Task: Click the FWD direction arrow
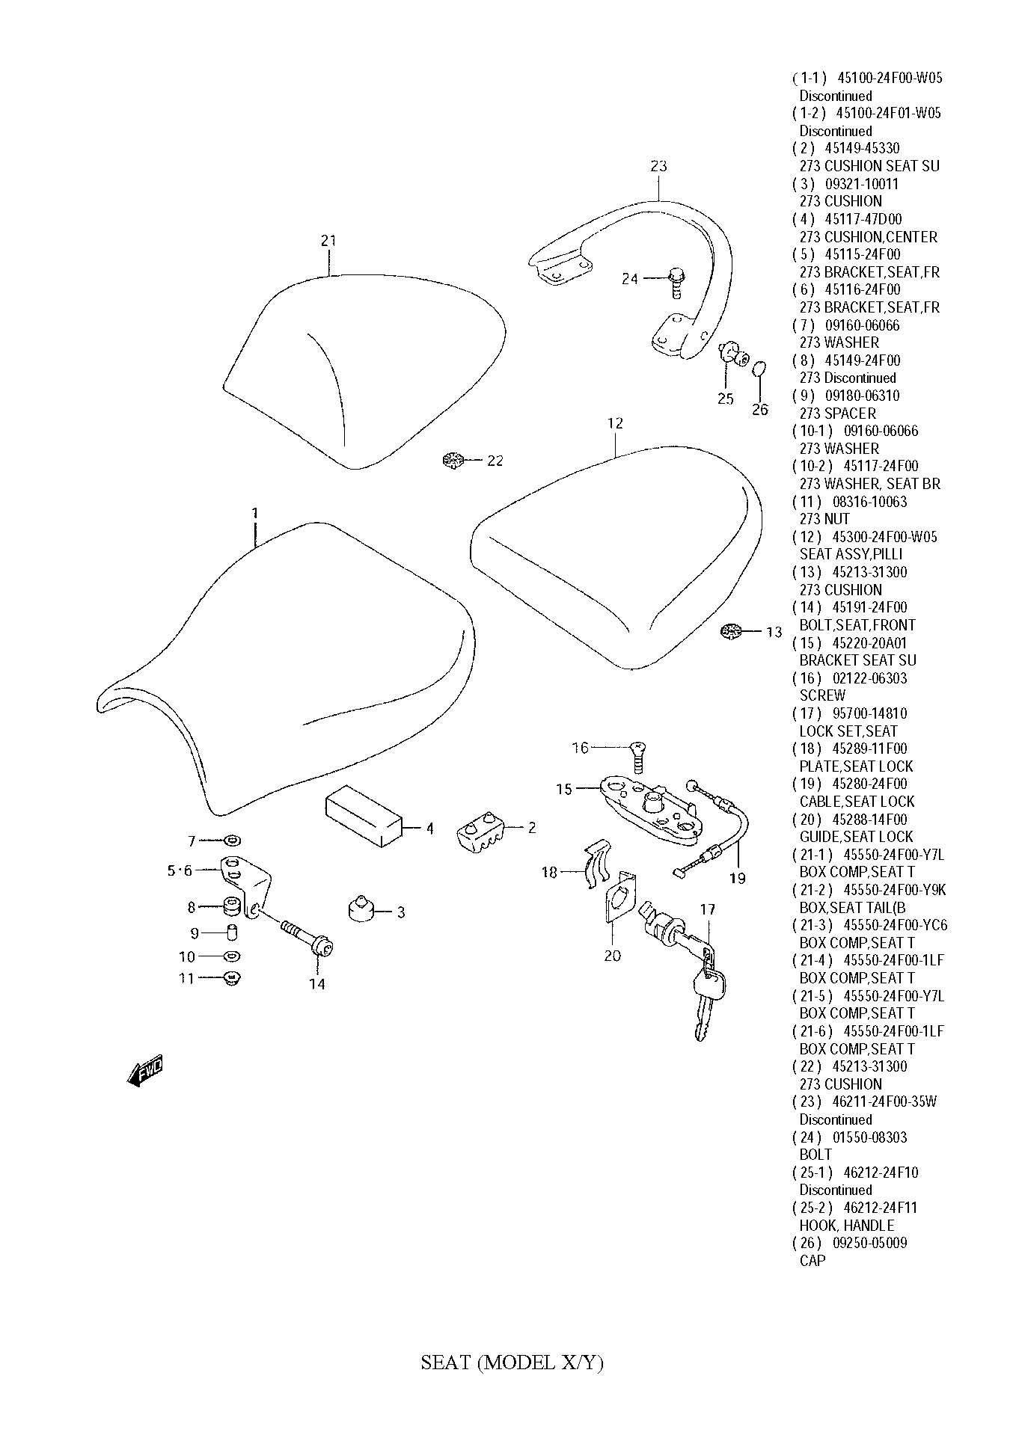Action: pyautogui.click(x=145, y=1071)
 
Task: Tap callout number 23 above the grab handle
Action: pyautogui.click(x=658, y=166)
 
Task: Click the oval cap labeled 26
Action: pyautogui.click(x=759, y=369)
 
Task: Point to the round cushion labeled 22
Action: pyautogui.click(x=453, y=461)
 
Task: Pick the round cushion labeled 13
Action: pyautogui.click(x=730, y=632)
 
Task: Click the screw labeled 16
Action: pyautogui.click(x=638, y=756)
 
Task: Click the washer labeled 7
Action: pyautogui.click(x=232, y=841)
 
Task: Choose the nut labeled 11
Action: pyautogui.click(x=232, y=977)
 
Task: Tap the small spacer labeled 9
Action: pyautogui.click(x=232, y=932)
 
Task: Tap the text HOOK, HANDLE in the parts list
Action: pyautogui.click(x=846, y=1225)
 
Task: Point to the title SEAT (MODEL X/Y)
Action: pyautogui.click(x=512, y=1362)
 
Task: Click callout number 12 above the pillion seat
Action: pyautogui.click(x=615, y=423)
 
